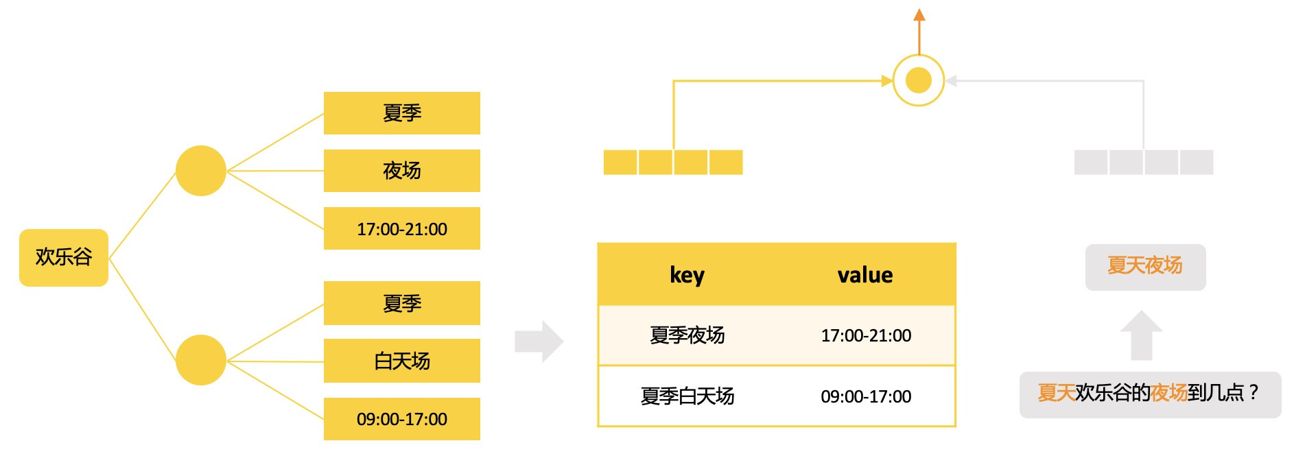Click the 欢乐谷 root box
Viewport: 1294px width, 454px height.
(63, 257)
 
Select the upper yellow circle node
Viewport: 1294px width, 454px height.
(200, 171)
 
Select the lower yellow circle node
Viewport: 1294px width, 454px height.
(200, 360)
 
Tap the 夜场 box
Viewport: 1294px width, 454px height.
(401, 171)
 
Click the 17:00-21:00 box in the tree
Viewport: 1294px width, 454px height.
(401, 228)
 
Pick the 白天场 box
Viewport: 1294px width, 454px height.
(401, 361)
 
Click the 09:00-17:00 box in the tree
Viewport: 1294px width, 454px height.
(401, 419)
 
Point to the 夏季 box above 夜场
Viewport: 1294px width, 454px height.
(401, 113)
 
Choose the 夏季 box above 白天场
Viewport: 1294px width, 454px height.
(401, 303)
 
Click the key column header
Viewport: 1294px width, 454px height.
(687, 275)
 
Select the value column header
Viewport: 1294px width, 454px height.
(864, 275)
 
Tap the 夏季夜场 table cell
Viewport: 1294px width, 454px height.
(687, 335)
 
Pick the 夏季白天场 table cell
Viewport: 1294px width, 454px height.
(687, 396)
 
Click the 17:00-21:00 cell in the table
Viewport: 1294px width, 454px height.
(866, 335)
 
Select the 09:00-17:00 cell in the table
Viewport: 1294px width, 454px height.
(866, 396)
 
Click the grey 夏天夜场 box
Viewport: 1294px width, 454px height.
(1144, 267)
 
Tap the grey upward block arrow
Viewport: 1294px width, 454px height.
(1141, 336)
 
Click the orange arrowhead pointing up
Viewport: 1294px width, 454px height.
(919, 14)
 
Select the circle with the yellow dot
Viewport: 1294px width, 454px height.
(919, 80)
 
